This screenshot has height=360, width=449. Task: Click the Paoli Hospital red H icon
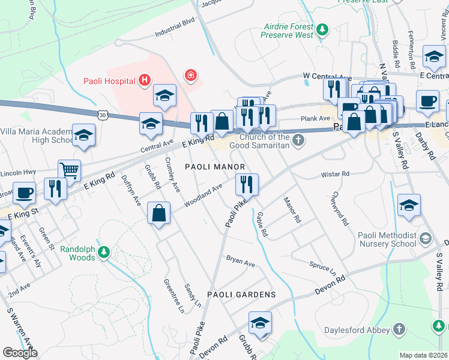(x=144, y=79)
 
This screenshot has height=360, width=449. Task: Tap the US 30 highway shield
(x=103, y=113)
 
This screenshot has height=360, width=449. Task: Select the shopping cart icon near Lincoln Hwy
(x=70, y=170)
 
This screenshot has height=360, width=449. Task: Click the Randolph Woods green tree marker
(x=104, y=252)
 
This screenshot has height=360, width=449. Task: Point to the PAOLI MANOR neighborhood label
(x=214, y=166)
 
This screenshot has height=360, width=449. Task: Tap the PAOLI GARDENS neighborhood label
(x=241, y=295)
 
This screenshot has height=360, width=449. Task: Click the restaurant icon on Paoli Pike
(x=247, y=184)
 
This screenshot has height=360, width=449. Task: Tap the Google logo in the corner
(x=20, y=352)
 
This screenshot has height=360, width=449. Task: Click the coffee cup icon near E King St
(x=24, y=193)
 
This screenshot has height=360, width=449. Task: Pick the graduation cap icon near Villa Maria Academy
(x=83, y=135)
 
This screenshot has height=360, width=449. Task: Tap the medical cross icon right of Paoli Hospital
(x=191, y=76)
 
